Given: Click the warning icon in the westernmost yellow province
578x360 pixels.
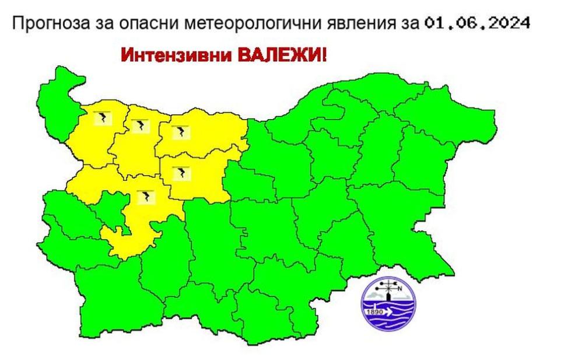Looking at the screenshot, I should (x=103, y=118).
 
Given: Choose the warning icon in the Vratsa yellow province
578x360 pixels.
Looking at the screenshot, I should (x=141, y=125).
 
